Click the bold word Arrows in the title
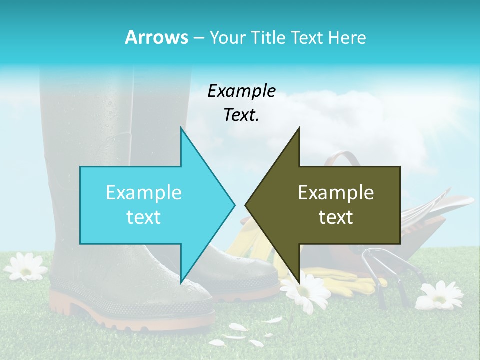[x=156, y=37]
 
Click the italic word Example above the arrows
[x=241, y=91]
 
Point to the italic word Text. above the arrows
[x=241, y=115]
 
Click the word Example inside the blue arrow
[x=144, y=193]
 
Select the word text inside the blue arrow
[x=144, y=217]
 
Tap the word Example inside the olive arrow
[x=336, y=193]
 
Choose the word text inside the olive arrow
[x=336, y=217]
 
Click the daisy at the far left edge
[x=25, y=266]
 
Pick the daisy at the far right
[x=440, y=295]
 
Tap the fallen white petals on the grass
[x=240, y=332]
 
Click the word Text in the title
[x=309, y=38]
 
